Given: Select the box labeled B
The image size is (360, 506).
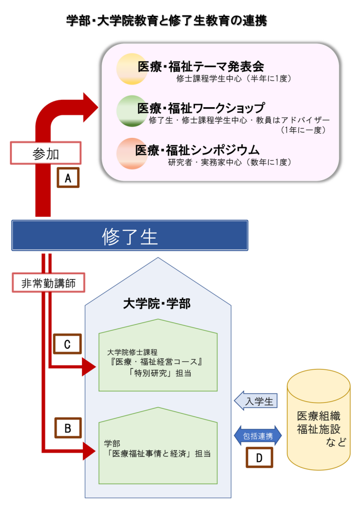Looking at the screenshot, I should pyautogui.click(x=68, y=428).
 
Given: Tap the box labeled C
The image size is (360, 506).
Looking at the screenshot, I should pyautogui.click(x=68, y=344).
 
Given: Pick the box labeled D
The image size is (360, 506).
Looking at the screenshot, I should pyautogui.click(x=259, y=457).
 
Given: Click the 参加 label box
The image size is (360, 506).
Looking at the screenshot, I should pyautogui.click(x=45, y=154).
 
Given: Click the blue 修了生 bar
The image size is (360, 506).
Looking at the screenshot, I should pyautogui.click(x=129, y=236).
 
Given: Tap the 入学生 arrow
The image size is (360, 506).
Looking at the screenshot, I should pyautogui.click(x=257, y=400).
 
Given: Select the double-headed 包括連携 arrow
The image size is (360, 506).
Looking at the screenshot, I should pyautogui.click(x=257, y=435).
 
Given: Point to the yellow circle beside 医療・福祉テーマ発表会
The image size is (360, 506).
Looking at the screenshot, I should pyautogui.click(x=131, y=69).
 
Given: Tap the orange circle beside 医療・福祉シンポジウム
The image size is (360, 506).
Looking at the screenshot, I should pyautogui.click(x=130, y=153).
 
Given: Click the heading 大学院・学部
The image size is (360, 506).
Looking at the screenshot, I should pyautogui.click(x=157, y=303).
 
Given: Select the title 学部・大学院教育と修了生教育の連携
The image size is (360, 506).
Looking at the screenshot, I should pyautogui.click(x=166, y=21).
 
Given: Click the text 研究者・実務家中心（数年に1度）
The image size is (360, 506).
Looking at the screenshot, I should pyautogui.click(x=229, y=162).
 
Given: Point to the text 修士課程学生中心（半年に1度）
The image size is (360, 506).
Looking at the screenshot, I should pyautogui.click(x=237, y=78).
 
